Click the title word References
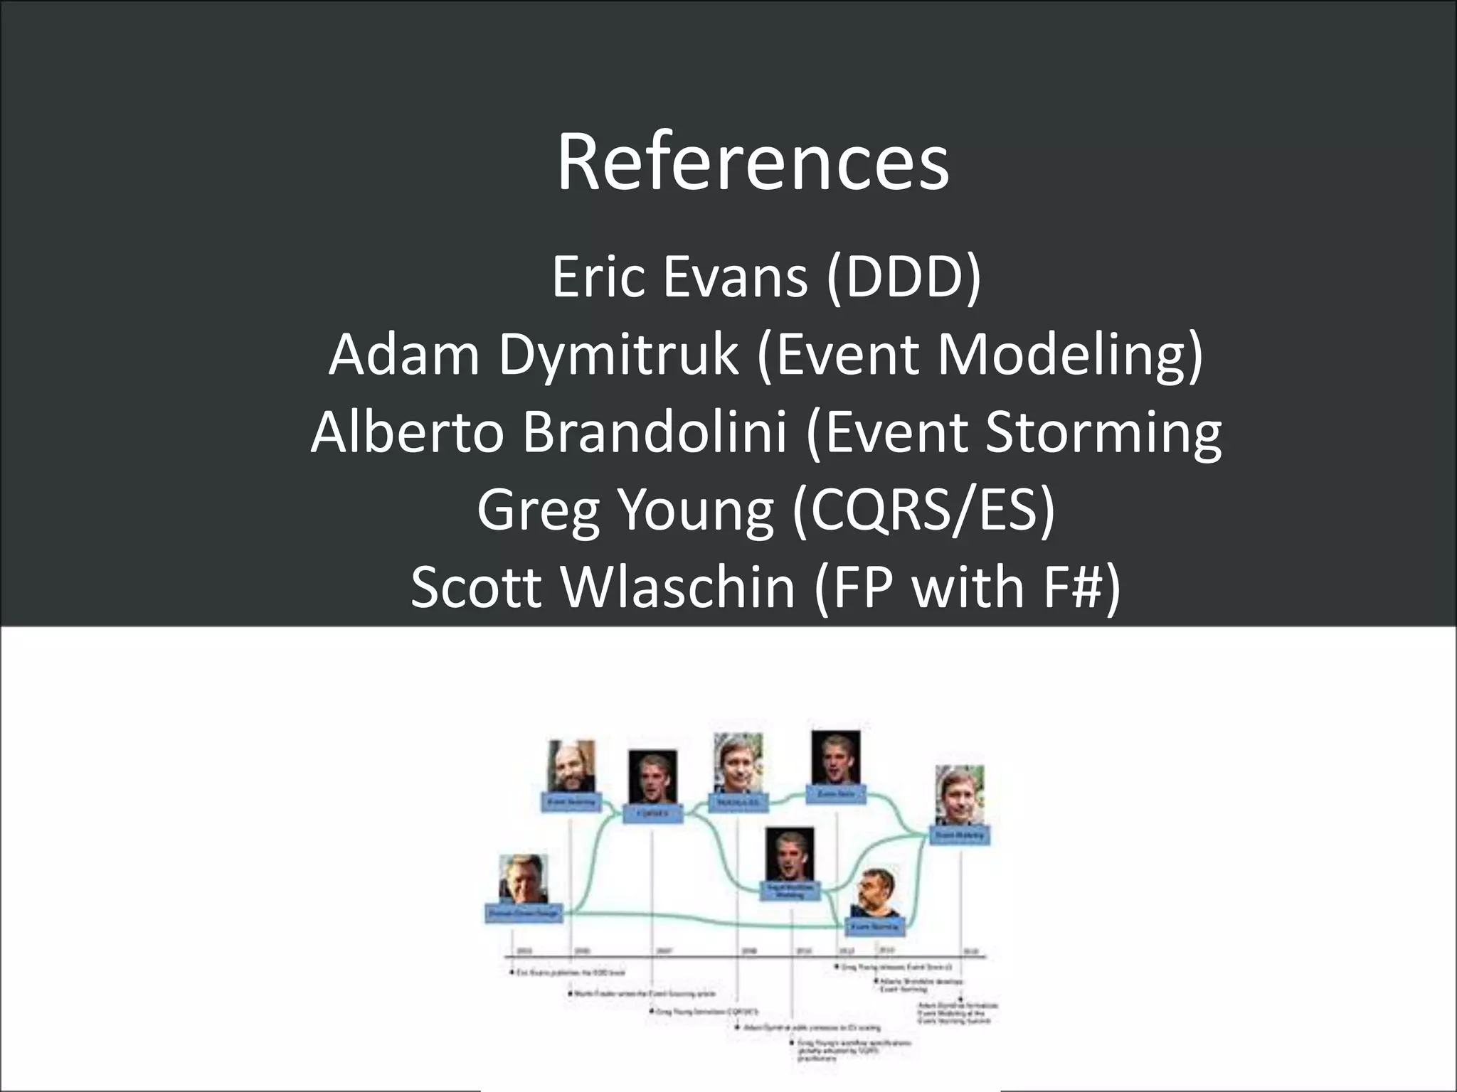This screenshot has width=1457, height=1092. coord(753,163)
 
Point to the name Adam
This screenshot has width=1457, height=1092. coord(404,354)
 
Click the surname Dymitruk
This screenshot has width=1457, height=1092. coord(618,354)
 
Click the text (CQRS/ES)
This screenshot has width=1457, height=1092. coord(924,510)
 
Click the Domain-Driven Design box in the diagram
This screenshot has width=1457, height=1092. coord(524,913)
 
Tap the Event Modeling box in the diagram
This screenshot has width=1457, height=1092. coord(960,835)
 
